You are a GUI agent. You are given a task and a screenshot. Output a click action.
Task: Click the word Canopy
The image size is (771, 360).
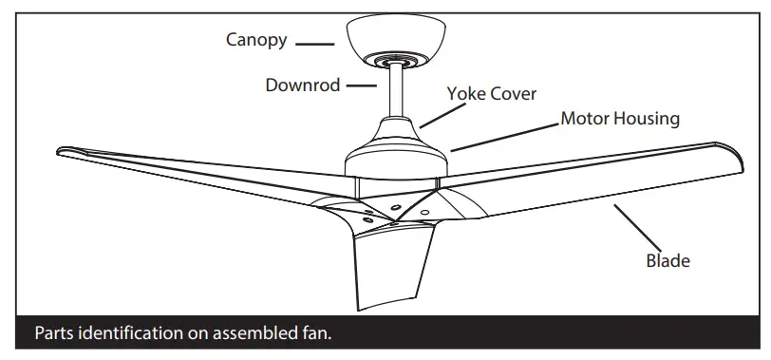click(x=257, y=40)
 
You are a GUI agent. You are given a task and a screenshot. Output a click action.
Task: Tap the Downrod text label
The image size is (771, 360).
click(x=302, y=85)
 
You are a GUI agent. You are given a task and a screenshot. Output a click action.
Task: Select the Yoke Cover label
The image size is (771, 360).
click(x=492, y=93)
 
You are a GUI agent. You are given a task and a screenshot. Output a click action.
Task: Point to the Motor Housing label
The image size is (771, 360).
click(x=620, y=119)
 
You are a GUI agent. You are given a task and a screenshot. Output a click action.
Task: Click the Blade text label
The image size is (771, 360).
click(x=668, y=259)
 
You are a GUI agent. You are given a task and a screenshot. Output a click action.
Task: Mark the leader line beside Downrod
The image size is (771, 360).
click(x=361, y=85)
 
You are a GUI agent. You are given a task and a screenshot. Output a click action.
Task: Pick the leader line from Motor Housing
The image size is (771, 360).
click(x=504, y=137)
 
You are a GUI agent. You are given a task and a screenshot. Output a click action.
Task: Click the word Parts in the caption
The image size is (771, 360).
click(x=55, y=334)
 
